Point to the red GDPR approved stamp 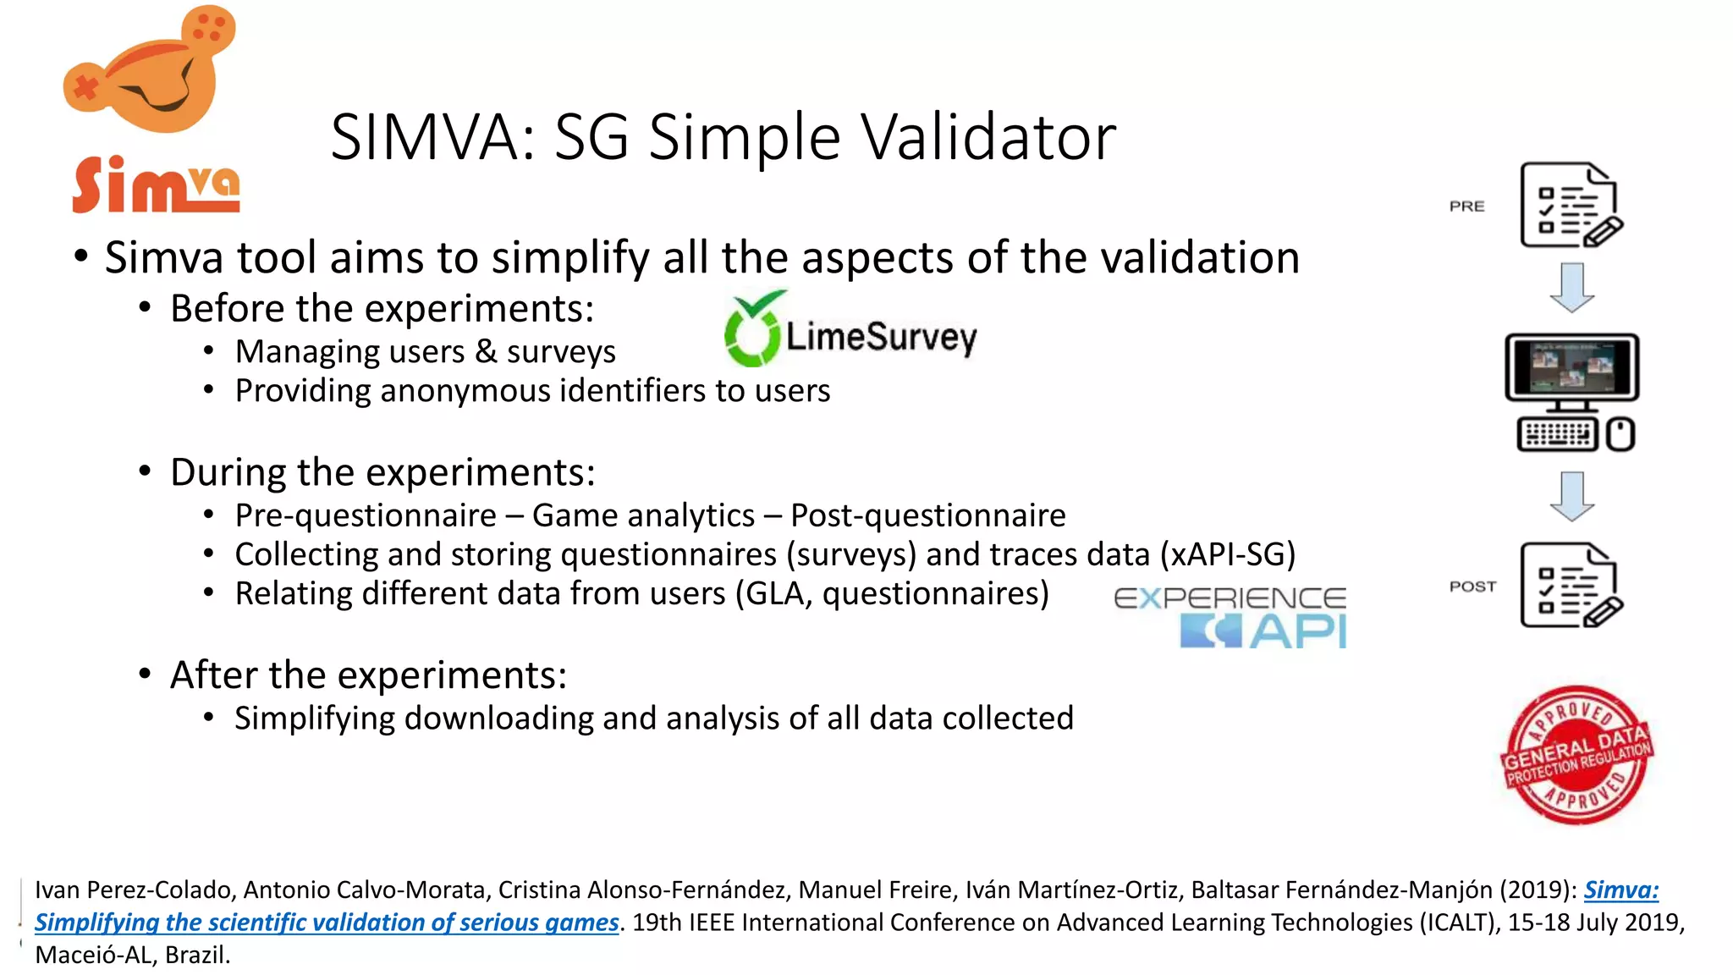1576,755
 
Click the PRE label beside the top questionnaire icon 1466,207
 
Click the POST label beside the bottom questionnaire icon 1472,586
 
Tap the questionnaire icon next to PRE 1571,206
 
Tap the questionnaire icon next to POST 1571,586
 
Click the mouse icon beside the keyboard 1620,435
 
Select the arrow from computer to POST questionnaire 1571,496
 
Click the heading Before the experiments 382,308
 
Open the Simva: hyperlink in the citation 1620,890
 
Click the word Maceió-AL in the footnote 93,955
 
